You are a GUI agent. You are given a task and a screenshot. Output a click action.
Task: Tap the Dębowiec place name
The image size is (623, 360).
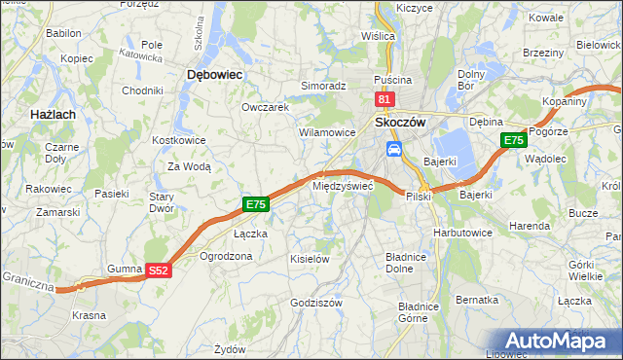click(x=213, y=74)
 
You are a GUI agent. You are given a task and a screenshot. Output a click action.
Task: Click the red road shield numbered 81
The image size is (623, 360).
click(x=385, y=99)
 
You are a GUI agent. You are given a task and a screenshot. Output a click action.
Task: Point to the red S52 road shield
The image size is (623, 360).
click(x=160, y=272)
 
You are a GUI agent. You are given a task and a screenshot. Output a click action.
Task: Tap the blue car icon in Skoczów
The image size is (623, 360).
click(x=394, y=148)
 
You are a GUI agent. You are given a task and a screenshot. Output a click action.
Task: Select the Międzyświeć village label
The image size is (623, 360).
click(x=342, y=184)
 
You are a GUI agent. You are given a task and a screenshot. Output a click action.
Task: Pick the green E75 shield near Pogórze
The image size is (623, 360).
click(x=514, y=141)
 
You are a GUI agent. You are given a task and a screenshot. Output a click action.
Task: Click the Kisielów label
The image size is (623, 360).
click(x=311, y=259)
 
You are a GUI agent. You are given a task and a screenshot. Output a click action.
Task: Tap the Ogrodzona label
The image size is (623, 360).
click(x=226, y=257)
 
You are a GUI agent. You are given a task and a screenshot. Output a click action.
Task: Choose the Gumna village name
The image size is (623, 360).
click(x=125, y=267)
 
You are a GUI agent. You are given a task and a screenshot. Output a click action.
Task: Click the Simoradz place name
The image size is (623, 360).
click(x=323, y=86)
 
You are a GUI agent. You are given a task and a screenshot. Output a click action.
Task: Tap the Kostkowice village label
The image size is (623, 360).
click(x=177, y=140)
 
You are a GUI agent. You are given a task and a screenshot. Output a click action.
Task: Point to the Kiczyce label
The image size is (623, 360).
click(x=415, y=8)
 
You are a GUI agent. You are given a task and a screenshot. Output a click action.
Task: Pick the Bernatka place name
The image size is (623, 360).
click(x=477, y=300)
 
